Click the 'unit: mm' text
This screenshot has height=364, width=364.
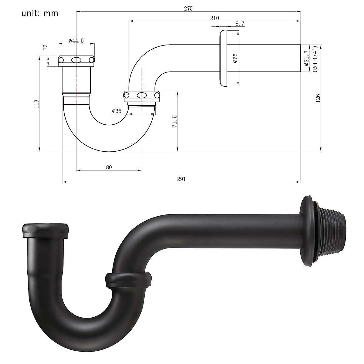pyautogui.click(x=40, y=14)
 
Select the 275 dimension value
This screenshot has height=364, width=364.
pyautogui.click(x=188, y=8)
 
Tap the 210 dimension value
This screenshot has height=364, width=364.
pyautogui.click(x=214, y=18)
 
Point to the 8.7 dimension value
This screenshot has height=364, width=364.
pyautogui.click(x=240, y=24)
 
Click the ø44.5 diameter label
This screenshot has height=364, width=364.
pyautogui.click(x=76, y=41)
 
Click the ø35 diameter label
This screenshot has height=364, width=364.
pyautogui.click(x=116, y=111)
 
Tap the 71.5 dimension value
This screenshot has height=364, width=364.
pyautogui.click(x=175, y=121)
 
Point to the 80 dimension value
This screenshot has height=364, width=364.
pyautogui.click(x=109, y=167)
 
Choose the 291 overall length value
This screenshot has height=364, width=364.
pyautogui.click(x=181, y=179)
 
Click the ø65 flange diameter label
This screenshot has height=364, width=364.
pyautogui.click(x=235, y=58)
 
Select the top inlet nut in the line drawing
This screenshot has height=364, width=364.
pyautogui.click(x=76, y=60)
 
